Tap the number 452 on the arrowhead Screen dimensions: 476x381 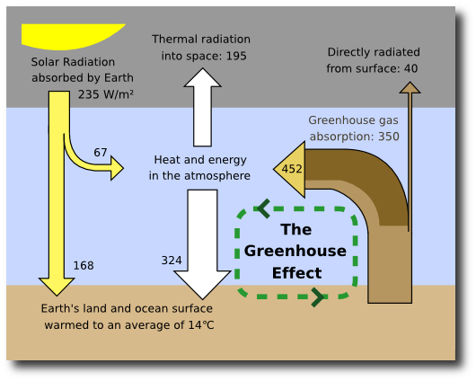point(292,169)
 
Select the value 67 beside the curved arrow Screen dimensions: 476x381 point(101,152)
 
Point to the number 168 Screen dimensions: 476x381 point(84,266)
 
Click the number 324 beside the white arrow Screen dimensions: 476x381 point(172,261)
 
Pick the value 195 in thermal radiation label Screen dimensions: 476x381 point(236,56)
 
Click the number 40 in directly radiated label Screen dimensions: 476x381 point(410,68)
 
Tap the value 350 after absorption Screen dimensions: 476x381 point(389,137)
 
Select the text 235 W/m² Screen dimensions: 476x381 point(106,94)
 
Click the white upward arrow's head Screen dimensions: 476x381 point(202,78)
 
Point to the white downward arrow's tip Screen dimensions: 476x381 point(202,298)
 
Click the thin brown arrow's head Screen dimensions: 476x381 point(410,87)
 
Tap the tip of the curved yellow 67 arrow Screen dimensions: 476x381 point(123,168)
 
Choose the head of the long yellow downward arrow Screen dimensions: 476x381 point(57,287)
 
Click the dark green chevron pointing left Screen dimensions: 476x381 point(262,208)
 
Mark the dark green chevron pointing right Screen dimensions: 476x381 point(318,297)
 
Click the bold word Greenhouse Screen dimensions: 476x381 point(295,252)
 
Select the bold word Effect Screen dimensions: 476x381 point(296,273)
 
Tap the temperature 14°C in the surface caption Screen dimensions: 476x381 point(201,324)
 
